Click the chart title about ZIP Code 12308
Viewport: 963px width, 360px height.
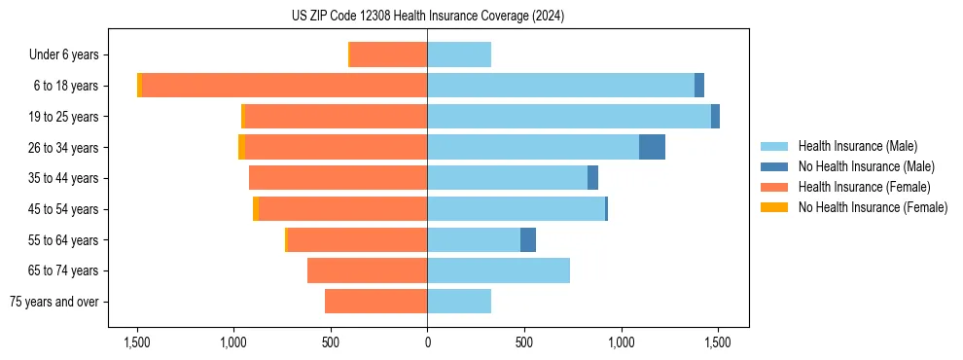(x=427, y=17)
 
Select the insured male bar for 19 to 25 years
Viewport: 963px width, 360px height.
(x=569, y=117)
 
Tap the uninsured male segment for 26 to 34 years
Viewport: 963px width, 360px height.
(x=652, y=147)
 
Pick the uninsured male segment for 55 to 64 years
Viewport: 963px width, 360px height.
(x=528, y=239)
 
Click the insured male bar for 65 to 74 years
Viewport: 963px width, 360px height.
(x=498, y=270)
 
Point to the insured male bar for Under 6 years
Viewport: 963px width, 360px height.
(x=459, y=54)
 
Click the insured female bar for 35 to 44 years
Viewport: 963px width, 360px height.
(x=338, y=178)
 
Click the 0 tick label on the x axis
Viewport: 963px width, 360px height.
(x=427, y=342)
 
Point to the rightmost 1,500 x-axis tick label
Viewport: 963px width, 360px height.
(x=717, y=342)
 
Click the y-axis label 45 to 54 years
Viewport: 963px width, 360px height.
(x=65, y=209)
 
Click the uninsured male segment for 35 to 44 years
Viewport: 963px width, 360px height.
(x=592, y=178)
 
